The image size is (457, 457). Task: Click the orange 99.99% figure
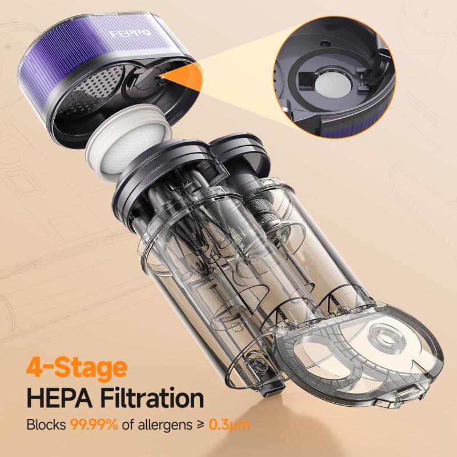[x=95, y=426]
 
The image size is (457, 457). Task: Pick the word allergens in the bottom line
[x=159, y=426]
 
